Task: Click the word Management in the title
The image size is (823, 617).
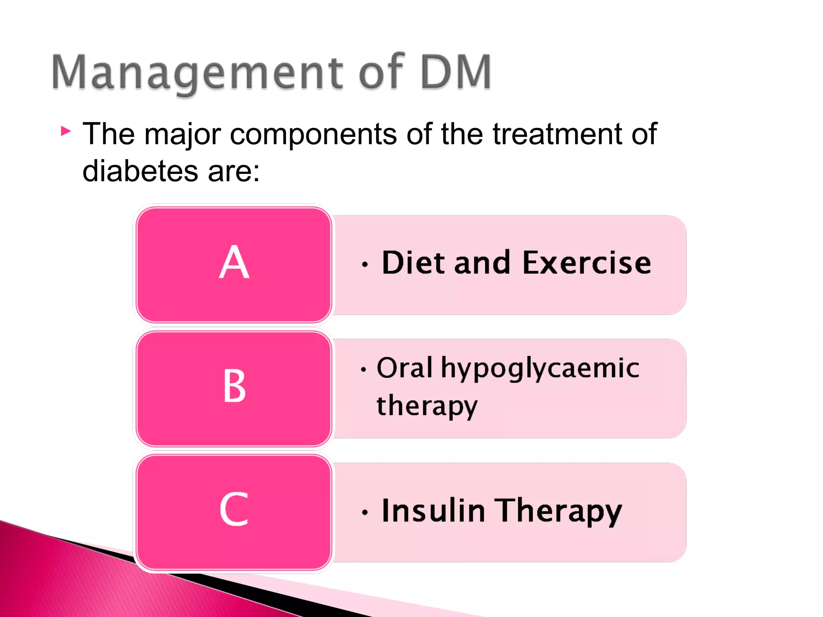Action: (197, 72)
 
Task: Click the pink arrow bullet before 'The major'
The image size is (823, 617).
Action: (66, 131)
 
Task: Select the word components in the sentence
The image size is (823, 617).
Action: (313, 135)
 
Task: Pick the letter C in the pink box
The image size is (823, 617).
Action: (234, 509)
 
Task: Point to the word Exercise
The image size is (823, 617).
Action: (587, 263)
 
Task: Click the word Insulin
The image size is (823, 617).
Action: (433, 511)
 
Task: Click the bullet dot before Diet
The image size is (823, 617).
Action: (364, 265)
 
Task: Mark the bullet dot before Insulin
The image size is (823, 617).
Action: (364, 513)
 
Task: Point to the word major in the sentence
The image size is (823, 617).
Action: (182, 135)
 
